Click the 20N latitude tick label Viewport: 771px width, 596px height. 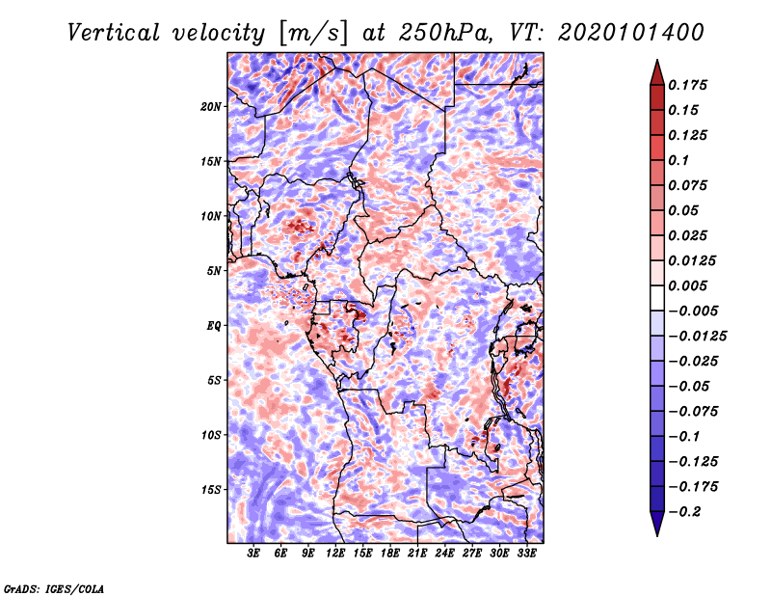(x=211, y=106)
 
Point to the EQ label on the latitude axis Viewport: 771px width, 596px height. (x=213, y=325)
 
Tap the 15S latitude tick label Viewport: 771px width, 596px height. (x=211, y=489)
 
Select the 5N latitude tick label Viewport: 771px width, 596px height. (x=213, y=270)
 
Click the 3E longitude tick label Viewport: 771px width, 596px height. (x=253, y=554)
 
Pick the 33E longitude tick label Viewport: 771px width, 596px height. (x=526, y=554)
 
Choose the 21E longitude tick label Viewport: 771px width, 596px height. (x=417, y=554)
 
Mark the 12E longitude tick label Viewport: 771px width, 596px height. (x=335, y=554)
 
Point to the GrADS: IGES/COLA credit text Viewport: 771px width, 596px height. (x=54, y=587)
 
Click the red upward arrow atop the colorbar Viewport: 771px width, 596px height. (x=656, y=71)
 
